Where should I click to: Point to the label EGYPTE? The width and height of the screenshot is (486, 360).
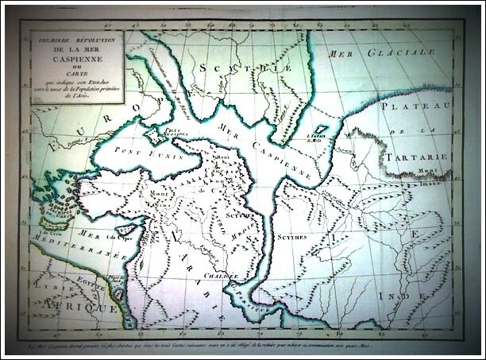click(102, 277)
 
